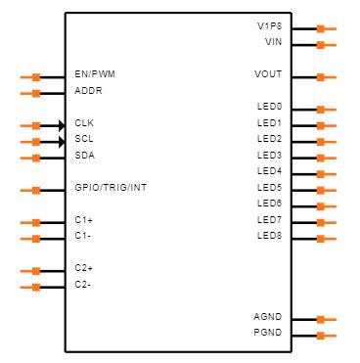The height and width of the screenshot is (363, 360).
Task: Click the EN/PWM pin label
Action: [95, 74]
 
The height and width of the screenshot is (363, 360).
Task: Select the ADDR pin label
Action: [88, 90]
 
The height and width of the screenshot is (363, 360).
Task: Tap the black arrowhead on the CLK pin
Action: [62, 125]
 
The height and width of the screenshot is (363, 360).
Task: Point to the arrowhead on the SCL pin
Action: [62, 142]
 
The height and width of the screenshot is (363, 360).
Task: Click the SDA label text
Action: [85, 155]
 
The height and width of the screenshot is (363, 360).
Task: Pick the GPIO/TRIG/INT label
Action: [111, 188]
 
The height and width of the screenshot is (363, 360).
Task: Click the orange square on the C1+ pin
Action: [36, 223]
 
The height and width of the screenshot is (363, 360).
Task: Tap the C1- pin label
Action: [83, 236]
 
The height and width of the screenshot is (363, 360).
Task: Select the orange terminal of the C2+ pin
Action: [36, 271]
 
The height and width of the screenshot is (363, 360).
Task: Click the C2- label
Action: [83, 285]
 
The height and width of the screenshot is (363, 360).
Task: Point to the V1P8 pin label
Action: [270, 25]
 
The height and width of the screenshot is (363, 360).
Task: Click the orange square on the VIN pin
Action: [321, 45]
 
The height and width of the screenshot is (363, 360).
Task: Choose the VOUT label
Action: [268, 74]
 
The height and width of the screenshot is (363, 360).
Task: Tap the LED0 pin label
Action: [269, 107]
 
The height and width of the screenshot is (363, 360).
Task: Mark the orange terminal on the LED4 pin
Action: [321, 174]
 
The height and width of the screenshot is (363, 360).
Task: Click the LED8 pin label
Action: [269, 236]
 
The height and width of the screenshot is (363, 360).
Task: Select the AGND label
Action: [268, 317]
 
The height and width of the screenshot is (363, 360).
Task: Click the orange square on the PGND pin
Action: [321, 336]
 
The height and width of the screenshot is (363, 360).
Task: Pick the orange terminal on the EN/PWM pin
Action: [36, 77]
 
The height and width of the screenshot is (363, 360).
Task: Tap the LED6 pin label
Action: [269, 204]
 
